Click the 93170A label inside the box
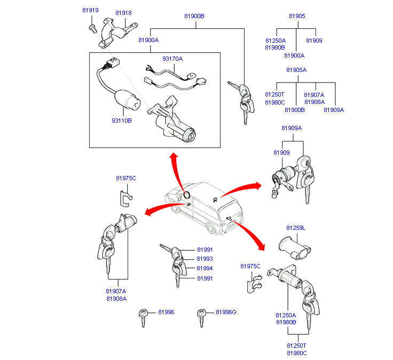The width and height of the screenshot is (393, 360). coord(172,59)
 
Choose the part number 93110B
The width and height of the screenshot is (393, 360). coord(121,121)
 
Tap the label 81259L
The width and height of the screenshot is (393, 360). coord(295,228)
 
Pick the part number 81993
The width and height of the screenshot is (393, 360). coord(205,259)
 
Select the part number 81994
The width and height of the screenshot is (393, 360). coord(205,268)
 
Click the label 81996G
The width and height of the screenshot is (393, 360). coord(225,312)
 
